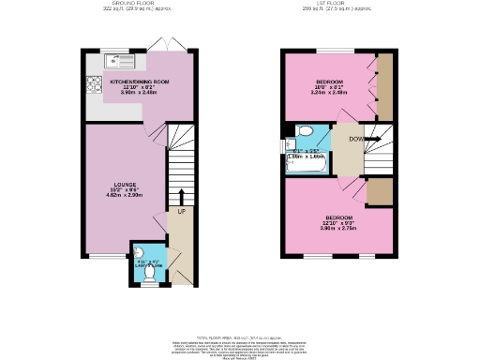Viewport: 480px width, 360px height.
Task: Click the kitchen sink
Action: [121, 61]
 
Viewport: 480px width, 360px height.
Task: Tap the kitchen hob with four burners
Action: [95, 81]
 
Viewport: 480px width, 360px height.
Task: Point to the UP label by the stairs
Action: [182, 212]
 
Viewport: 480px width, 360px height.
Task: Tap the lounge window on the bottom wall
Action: [107, 255]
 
